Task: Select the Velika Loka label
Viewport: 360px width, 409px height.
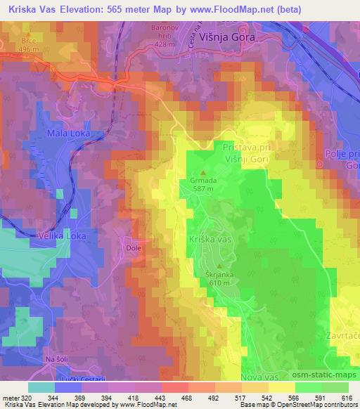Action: (x=63, y=235)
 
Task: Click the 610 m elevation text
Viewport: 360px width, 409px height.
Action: (x=218, y=282)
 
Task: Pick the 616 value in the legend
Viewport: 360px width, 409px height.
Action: (x=347, y=398)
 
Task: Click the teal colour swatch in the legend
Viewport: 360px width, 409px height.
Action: (x=41, y=387)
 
